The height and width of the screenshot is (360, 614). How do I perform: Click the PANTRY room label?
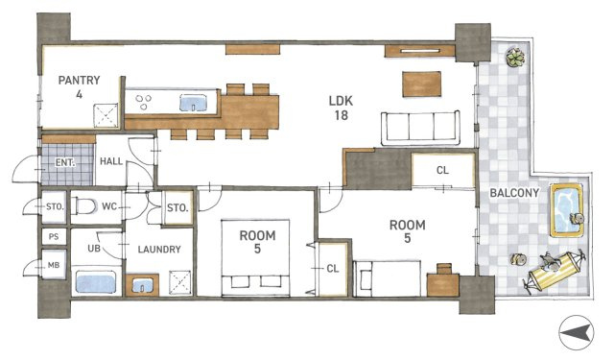point(79,81)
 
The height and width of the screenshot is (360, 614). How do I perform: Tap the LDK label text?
point(341,101)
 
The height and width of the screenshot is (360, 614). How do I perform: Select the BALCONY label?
point(514,193)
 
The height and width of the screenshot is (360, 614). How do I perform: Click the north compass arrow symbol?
point(576,332)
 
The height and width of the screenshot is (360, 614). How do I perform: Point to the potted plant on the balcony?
point(515,58)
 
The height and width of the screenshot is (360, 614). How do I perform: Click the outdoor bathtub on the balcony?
point(567,210)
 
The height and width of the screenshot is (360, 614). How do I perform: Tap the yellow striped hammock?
point(555,271)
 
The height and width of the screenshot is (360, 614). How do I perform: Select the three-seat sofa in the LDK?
point(420,128)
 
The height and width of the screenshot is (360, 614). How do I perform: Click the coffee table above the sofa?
point(421,84)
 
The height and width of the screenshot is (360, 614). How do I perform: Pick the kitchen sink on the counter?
point(193,103)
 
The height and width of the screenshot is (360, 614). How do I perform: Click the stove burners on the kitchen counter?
point(143,102)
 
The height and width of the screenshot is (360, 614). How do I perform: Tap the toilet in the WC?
point(85,206)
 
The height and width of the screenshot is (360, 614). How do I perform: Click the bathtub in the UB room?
point(96,282)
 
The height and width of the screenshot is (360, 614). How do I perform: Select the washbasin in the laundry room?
point(142,285)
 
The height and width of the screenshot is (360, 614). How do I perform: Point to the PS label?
point(54,236)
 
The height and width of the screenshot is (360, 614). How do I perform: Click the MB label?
point(54,265)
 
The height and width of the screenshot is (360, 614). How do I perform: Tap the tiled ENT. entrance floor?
point(68,164)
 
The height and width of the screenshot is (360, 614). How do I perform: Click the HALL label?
point(111,161)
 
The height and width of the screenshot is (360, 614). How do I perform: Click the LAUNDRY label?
point(159,250)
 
